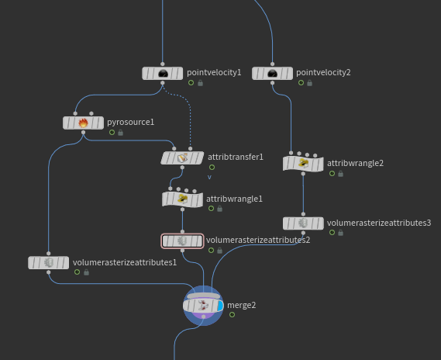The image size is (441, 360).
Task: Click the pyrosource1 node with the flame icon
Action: tap(83, 123)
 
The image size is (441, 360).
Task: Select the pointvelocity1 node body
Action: tap(163, 74)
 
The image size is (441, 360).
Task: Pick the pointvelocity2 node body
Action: tap(272, 74)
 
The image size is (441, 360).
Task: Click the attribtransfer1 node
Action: tap(182, 158)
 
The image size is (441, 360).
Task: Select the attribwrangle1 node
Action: tap(183, 199)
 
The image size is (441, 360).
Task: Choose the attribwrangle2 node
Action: tap(303, 164)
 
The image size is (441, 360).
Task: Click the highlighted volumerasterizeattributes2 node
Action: tap(182, 241)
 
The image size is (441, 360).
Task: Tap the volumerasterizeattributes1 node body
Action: tap(48, 262)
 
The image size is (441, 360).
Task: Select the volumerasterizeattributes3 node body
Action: tap(303, 223)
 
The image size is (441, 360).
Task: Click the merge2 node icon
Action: tap(203, 306)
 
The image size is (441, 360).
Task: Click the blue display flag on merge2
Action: tap(220, 306)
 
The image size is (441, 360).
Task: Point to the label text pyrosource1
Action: tap(130, 122)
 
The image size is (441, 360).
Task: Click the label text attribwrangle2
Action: tap(355, 163)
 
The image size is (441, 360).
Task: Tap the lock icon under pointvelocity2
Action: tap(309, 83)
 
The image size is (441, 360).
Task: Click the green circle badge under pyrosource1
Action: tap(112, 133)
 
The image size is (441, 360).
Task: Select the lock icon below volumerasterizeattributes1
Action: tap(86, 272)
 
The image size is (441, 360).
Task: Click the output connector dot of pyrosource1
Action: tap(83, 133)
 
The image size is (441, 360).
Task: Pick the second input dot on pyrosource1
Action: tap(91, 113)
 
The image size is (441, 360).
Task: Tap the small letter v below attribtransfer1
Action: tap(209, 177)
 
